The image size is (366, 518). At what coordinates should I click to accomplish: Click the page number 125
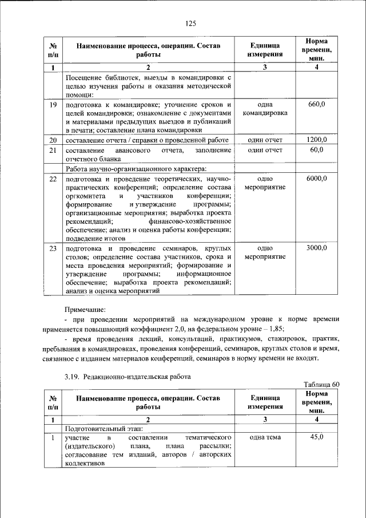[190, 23]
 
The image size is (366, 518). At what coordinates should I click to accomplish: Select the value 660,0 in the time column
[316, 105]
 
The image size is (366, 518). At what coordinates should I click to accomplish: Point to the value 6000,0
[316, 179]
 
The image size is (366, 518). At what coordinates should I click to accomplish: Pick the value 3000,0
[316, 248]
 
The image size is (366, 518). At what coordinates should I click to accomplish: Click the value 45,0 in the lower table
[316, 437]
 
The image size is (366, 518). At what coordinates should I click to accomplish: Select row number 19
[53, 105]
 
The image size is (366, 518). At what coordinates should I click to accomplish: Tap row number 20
[53, 140]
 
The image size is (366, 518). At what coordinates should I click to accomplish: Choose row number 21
[53, 150]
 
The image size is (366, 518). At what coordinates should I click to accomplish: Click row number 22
[53, 179]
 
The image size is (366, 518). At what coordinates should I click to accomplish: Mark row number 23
[53, 248]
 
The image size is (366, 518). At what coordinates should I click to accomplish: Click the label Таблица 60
[321, 384]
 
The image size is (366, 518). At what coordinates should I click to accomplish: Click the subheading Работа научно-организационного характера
[136, 168]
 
